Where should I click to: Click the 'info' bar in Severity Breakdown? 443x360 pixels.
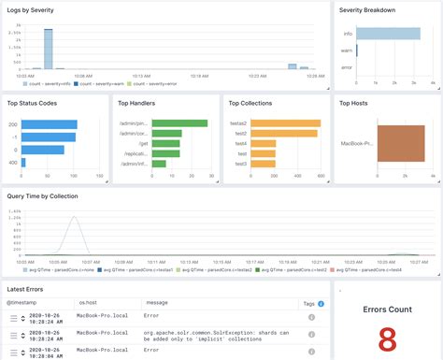[x=387, y=34]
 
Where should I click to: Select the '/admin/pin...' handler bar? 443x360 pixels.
[x=179, y=123]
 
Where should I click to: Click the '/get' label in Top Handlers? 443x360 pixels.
[x=142, y=143]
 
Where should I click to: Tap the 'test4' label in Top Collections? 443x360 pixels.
[x=240, y=143]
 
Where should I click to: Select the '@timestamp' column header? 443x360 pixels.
[x=23, y=278]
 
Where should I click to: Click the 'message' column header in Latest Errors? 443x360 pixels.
[x=156, y=278]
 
